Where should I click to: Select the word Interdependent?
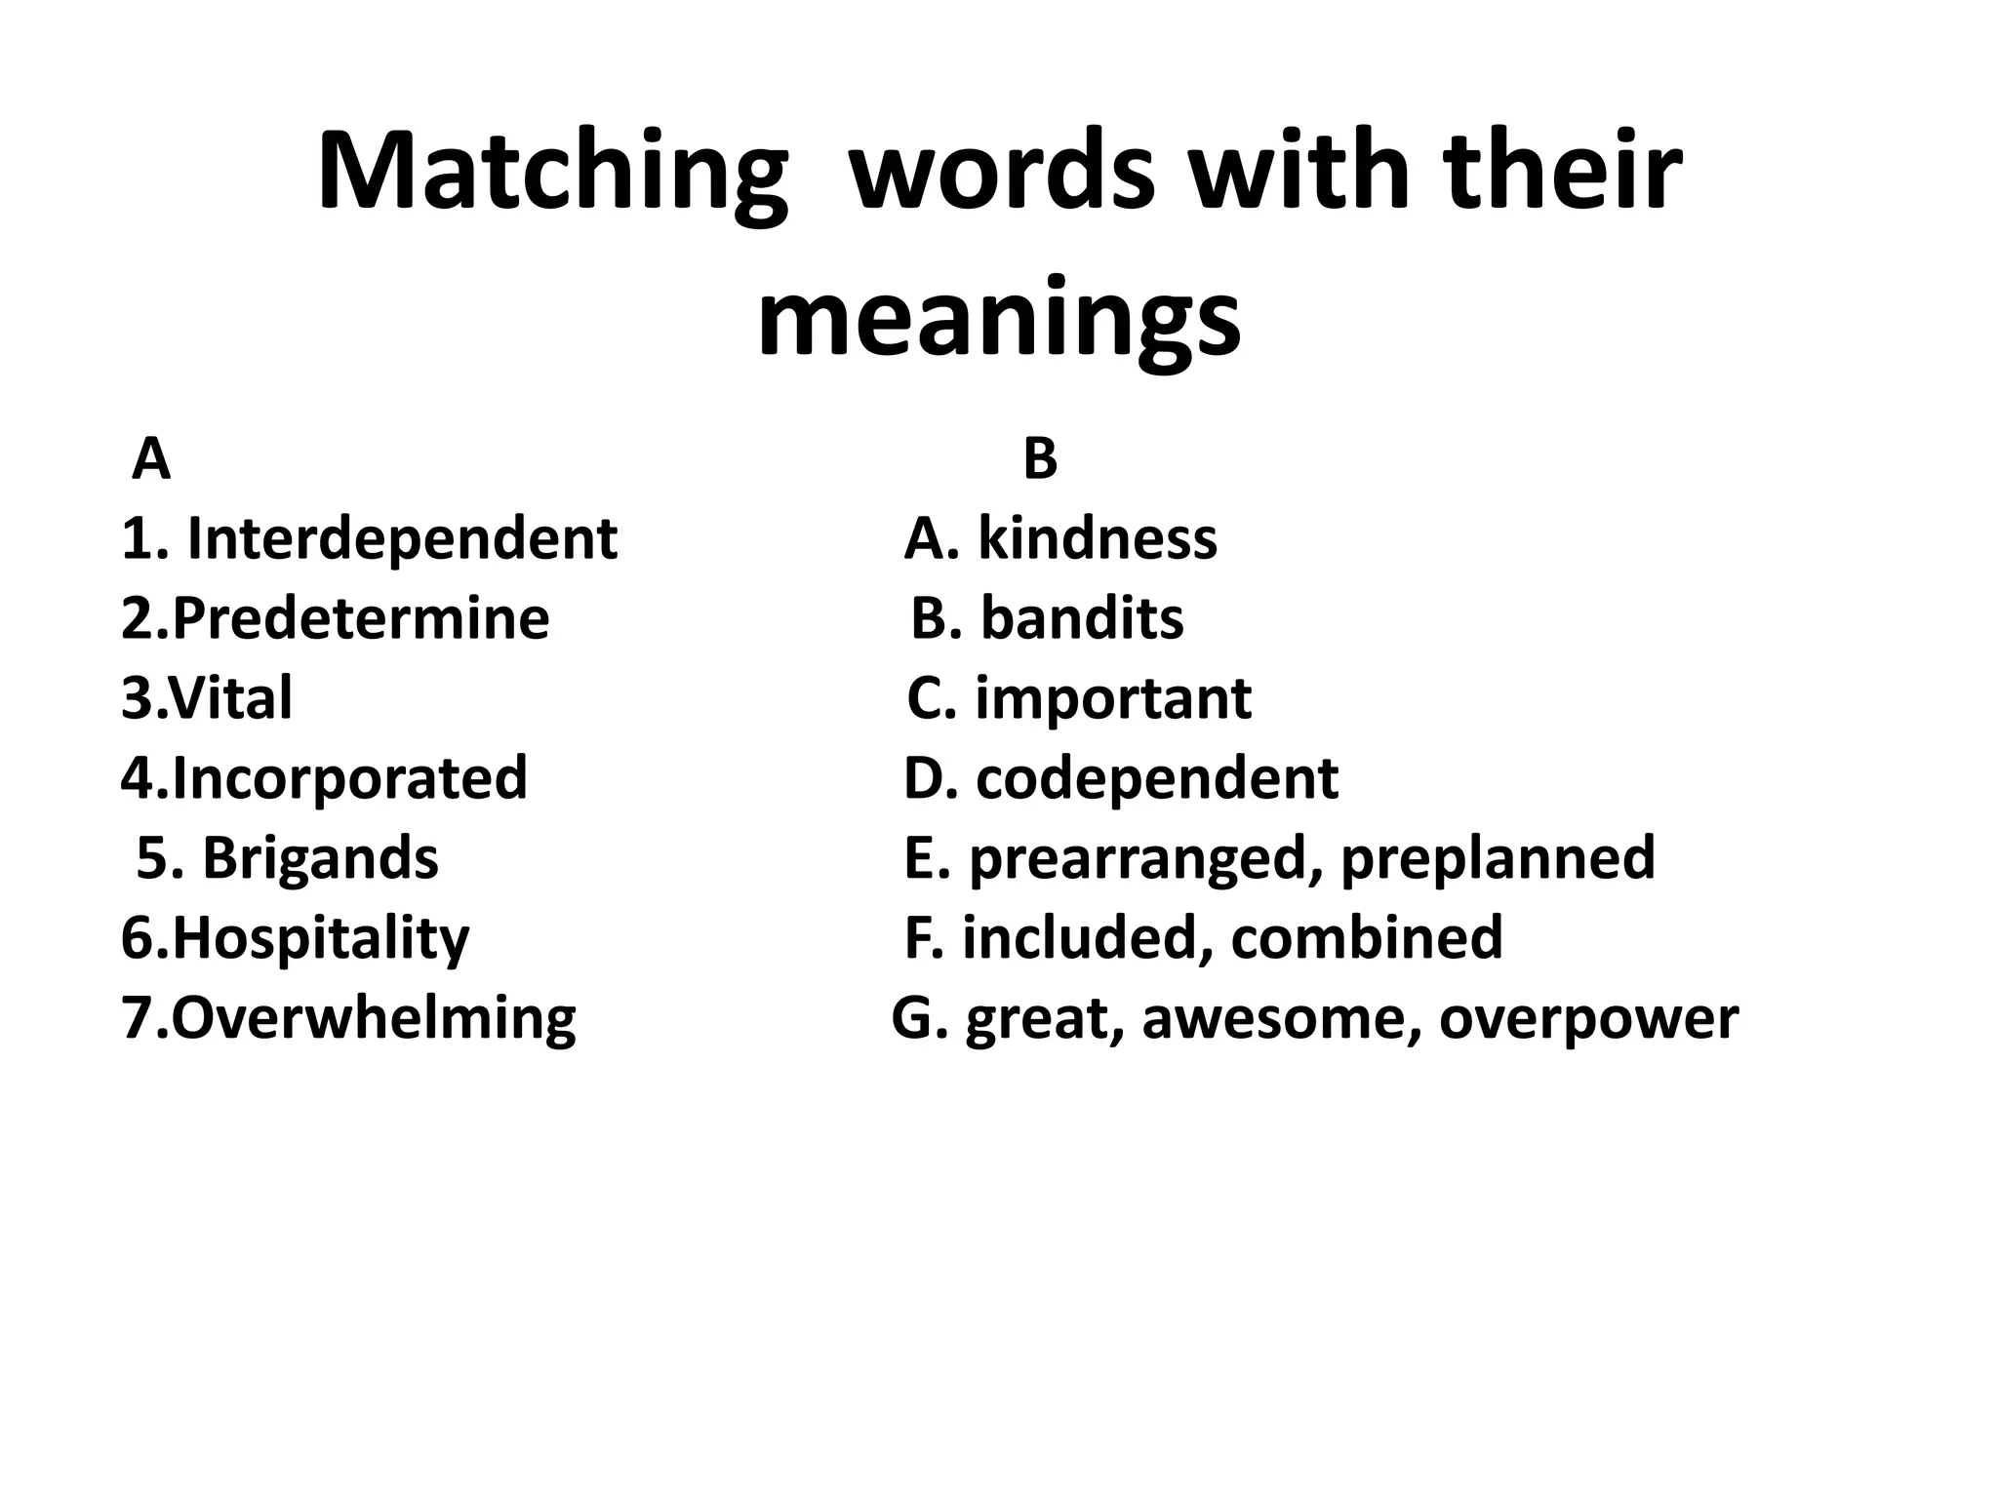pyautogui.click(x=401, y=538)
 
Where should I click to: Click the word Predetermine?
pyautogui.click(x=361, y=618)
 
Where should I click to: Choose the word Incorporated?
pyautogui.click(x=349, y=778)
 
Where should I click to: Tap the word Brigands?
pyautogui.click(x=320, y=858)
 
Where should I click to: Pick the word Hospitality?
pyautogui.click(x=321, y=938)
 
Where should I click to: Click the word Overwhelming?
pyautogui.click(x=373, y=1018)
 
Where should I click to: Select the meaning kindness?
pyautogui.click(x=1098, y=538)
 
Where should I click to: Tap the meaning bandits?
pyautogui.click(x=1082, y=618)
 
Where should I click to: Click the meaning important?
pyautogui.click(x=1113, y=698)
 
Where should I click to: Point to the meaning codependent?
pyautogui.click(x=1157, y=778)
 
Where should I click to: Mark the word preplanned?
pyautogui.click(x=1498, y=858)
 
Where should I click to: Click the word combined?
pyautogui.click(x=1366, y=938)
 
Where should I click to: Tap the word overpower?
pyautogui.click(x=1588, y=1018)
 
